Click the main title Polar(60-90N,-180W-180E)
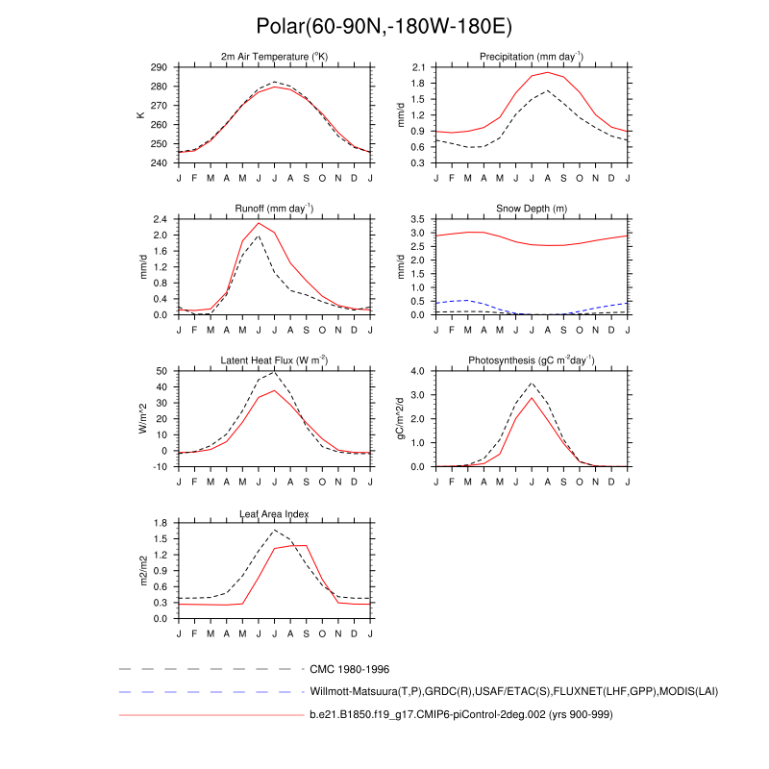tap(384, 27)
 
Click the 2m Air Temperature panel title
tap(275, 58)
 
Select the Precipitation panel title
tap(532, 58)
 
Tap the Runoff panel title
tap(275, 209)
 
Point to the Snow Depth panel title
tap(532, 209)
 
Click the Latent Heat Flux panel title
tap(275, 360)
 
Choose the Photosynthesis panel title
tap(532, 360)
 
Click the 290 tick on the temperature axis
tap(160, 67)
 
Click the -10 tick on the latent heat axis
tap(160, 466)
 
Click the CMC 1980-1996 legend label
tap(349, 668)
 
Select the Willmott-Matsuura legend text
tap(514, 691)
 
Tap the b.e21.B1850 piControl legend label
tap(461, 715)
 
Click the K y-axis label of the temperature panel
tap(141, 114)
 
